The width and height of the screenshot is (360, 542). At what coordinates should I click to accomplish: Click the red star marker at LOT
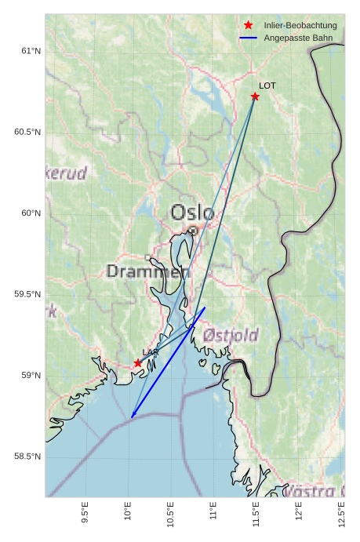(255, 96)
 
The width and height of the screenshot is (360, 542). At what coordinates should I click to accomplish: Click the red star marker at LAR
(138, 363)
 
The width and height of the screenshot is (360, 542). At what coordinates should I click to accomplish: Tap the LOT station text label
(267, 85)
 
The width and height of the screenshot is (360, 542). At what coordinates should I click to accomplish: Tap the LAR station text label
(150, 352)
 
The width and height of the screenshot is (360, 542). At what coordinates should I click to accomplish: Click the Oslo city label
(192, 212)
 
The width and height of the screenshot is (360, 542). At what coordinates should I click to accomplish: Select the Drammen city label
(148, 272)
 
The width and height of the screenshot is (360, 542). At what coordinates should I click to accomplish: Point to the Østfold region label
(231, 336)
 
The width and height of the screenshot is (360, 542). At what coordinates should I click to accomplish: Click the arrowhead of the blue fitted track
(133, 416)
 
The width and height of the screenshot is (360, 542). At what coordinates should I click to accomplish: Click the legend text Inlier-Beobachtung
(300, 26)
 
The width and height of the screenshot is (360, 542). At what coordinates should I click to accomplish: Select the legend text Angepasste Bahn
(298, 38)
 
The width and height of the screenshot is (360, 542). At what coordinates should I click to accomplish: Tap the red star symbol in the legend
(249, 26)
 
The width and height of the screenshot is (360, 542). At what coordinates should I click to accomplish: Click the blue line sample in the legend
(249, 38)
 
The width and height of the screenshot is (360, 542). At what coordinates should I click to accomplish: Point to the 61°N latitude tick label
(30, 51)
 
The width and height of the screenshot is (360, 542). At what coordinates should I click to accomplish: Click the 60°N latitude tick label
(30, 213)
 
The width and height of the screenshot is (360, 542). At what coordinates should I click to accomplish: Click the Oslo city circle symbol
(193, 231)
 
